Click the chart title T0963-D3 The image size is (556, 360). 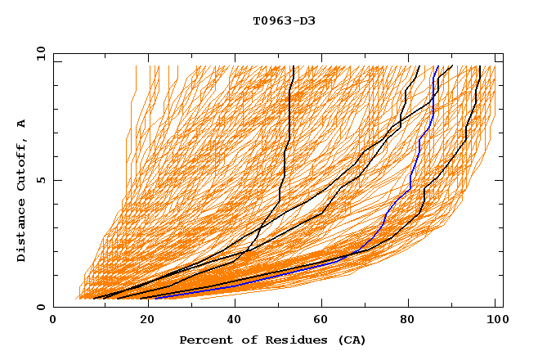pyautogui.click(x=284, y=20)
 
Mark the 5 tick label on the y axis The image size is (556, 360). pyautogui.click(x=40, y=180)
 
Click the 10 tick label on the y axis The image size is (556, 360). pyautogui.click(x=37, y=53)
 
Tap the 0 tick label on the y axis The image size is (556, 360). pyautogui.click(x=40, y=308)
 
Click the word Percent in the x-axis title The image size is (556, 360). pyautogui.click(x=204, y=340)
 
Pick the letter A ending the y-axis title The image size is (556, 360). pyautogui.click(x=22, y=124)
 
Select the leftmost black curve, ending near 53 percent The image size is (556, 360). pyautogui.click(x=286, y=147)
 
